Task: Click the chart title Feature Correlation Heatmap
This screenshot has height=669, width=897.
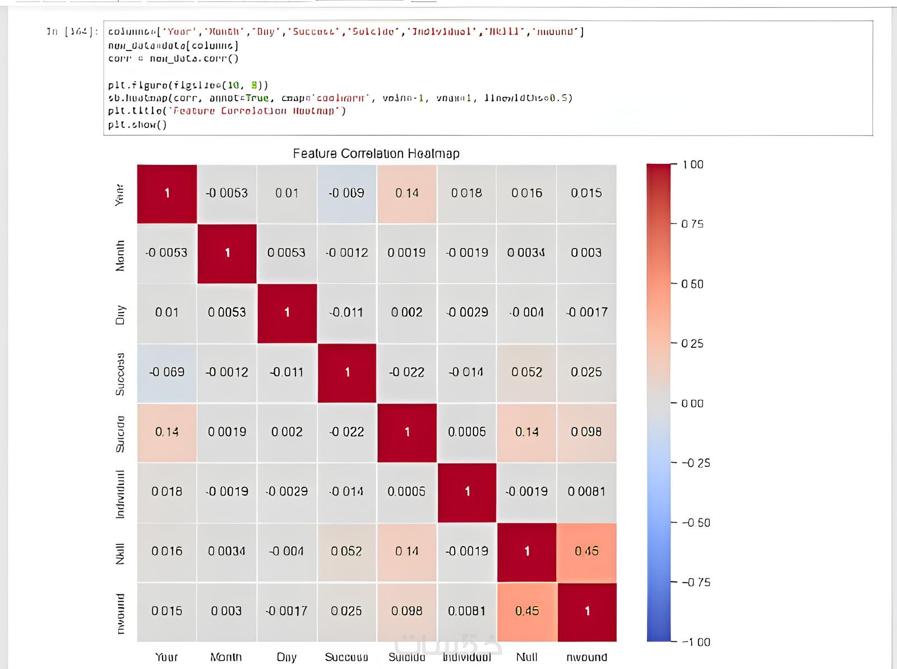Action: (376, 153)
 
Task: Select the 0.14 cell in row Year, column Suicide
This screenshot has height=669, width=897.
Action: (407, 193)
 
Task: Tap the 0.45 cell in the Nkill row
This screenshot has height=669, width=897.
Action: (586, 551)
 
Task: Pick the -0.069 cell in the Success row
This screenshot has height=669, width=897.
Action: (167, 372)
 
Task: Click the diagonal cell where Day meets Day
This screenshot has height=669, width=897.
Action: (287, 313)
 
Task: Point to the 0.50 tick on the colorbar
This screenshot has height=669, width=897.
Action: (692, 284)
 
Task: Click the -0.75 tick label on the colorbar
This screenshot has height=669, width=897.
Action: (696, 583)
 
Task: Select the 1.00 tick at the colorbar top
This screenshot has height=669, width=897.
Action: (692, 164)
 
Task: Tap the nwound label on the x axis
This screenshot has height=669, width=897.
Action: (586, 657)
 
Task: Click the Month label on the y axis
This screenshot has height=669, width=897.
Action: (120, 256)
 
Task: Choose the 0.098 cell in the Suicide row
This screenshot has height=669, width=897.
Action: (586, 432)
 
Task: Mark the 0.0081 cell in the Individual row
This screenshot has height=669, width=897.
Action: (586, 492)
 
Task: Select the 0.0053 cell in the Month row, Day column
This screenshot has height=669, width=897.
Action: (286, 253)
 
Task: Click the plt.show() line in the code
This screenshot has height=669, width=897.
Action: (137, 125)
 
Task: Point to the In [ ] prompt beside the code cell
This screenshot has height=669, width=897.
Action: (72, 31)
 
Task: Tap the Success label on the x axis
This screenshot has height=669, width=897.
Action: (346, 657)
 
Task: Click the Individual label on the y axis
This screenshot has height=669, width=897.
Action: (120, 494)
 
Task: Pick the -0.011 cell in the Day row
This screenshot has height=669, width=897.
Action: (346, 313)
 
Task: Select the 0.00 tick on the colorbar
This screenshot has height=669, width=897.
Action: (692, 404)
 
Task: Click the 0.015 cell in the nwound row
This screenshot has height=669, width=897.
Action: (167, 611)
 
